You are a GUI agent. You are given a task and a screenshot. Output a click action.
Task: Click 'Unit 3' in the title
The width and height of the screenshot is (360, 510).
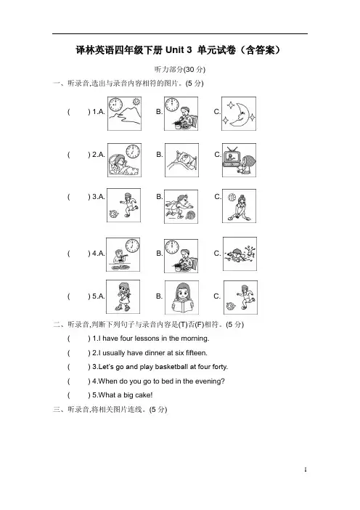pyautogui.click(x=179, y=50)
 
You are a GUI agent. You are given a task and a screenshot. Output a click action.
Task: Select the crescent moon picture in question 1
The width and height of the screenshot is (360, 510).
pyautogui.click(x=239, y=113)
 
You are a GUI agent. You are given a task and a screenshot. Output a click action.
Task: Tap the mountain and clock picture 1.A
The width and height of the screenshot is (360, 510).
pyautogui.click(x=124, y=113)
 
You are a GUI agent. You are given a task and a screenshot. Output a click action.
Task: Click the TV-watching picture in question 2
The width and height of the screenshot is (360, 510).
pyautogui.click(x=239, y=160)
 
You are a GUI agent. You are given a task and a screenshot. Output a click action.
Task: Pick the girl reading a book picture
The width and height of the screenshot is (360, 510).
pyautogui.click(x=181, y=298)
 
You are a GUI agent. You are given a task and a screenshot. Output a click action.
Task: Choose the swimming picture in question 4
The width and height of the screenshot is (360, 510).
pyautogui.click(x=240, y=254)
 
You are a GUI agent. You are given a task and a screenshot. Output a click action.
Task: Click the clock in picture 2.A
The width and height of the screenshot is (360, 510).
pyautogui.click(x=133, y=151)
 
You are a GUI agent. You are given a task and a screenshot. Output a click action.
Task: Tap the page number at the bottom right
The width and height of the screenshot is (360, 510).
pyautogui.click(x=306, y=469)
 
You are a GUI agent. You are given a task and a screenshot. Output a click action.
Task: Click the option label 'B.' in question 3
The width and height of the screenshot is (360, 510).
pyautogui.click(x=159, y=197)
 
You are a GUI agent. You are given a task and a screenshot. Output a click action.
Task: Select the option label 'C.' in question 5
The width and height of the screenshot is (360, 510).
pyautogui.click(x=217, y=296)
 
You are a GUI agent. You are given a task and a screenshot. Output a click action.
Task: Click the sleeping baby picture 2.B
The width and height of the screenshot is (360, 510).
pyautogui.click(x=181, y=160)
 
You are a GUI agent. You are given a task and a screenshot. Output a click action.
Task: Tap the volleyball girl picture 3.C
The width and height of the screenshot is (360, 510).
pyautogui.click(x=239, y=206)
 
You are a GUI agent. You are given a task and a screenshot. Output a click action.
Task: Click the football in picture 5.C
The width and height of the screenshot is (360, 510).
pyautogui.click(x=231, y=307)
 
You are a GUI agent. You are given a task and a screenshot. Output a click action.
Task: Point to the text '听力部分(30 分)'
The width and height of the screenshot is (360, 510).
pyautogui.click(x=180, y=69)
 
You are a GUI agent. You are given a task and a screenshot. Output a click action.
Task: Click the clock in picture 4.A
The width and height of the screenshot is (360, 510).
pyautogui.click(x=132, y=246)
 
